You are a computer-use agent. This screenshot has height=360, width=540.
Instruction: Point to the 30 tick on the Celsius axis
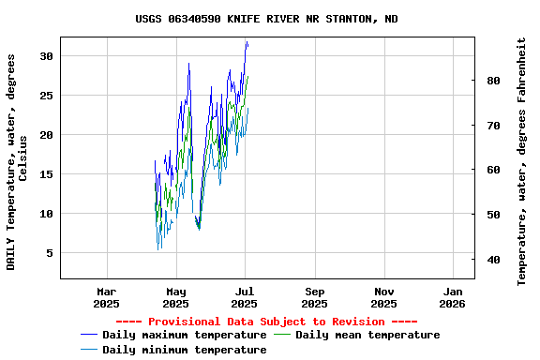coord(46,56)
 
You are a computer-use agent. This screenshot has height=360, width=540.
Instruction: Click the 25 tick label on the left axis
coord(46,96)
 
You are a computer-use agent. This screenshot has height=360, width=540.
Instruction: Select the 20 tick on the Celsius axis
coord(46,135)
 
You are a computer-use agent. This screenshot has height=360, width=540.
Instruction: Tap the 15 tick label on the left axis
coord(46,174)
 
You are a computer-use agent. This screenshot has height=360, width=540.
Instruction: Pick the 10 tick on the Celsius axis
coord(46,214)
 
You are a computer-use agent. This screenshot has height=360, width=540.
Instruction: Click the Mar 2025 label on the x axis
coord(107,297)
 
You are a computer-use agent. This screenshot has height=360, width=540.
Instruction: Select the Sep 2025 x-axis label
coord(315,297)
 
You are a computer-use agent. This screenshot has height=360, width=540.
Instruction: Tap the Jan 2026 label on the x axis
coord(453,297)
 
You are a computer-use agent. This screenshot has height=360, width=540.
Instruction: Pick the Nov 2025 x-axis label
coord(383,297)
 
